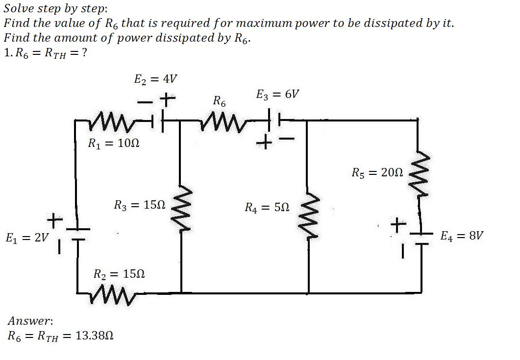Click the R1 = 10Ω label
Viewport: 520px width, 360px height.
pyautogui.click(x=113, y=143)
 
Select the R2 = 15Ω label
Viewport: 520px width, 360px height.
pyautogui.click(x=119, y=274)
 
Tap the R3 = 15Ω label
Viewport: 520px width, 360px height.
pyautogui.click(x=140, y=205)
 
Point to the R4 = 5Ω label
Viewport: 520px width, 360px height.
pyautogui.click(x=267, y=208)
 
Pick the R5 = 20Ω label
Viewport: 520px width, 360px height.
pyautogui.click(x=377, y=172)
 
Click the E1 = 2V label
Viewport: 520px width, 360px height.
pyautogui.click(x=27, y=238)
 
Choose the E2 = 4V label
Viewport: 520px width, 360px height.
pyautogui.click(x=155, y=79)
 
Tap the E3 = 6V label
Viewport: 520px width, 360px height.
pyautogui.click(x=277, y=95)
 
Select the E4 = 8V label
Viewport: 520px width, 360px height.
pyautogui.click(x=462, y=236)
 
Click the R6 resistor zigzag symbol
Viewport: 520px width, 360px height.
pyautogui.click(x=221, y=122)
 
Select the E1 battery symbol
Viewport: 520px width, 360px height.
pyautogui.click(x=77, y=234)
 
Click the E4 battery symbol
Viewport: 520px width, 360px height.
pyautogui.click(x=421, y=239)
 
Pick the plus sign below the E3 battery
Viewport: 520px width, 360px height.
pyautogui.click(x=264, y=143)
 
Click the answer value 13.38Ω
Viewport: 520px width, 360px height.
pyautogui.click(x=95, y=336)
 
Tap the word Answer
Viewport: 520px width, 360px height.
pyautogui.click(x=29, y=321)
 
